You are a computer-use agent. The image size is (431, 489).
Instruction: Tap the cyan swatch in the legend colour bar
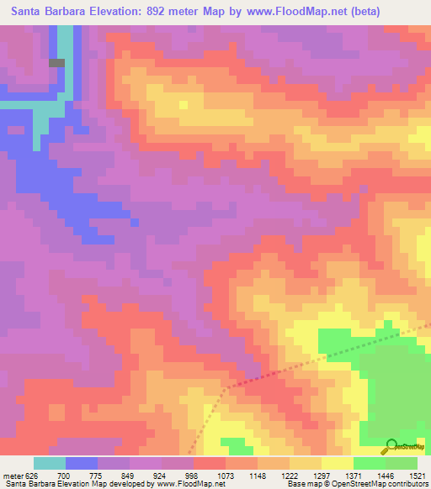50,463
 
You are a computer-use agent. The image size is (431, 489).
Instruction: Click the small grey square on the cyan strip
56,62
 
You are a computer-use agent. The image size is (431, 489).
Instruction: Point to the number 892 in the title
162,12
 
